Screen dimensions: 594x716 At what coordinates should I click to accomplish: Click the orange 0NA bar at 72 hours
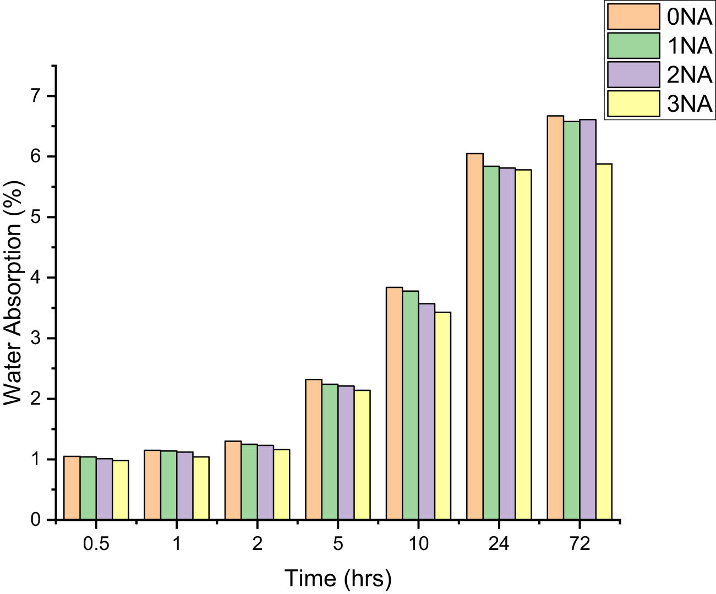pos(555,318)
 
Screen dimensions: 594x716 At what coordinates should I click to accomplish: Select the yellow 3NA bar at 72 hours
pos(604,341)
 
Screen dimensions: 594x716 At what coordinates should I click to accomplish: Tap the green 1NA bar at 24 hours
pos(491,342)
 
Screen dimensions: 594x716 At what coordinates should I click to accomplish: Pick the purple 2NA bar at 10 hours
pos(427,411)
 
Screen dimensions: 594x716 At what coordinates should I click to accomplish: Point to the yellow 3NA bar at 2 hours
pos(282,484)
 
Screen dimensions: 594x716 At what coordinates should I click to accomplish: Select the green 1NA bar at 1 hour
pos(169,485)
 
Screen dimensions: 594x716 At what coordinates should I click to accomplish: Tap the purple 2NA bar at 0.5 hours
pos(105,489)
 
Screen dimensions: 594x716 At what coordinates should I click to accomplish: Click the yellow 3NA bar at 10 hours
pos(442,416)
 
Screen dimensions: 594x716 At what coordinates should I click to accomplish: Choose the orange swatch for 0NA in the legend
pos(633,17)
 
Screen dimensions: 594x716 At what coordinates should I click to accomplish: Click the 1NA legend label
pos(690,46)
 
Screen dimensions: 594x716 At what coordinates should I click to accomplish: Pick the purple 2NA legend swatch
pos(633,74)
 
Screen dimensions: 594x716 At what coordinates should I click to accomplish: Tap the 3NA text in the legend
pos(690,103)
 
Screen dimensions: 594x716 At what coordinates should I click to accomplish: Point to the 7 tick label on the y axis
pos(36,96)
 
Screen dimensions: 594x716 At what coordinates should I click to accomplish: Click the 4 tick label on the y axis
pos(36,277)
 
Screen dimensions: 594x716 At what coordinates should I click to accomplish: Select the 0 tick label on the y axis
pos(36,520)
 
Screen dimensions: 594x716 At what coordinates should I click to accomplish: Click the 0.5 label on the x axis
pos(96,544)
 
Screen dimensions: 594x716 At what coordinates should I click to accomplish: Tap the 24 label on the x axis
pos(499,544)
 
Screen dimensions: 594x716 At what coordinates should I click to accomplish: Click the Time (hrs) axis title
pos(338,578)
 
